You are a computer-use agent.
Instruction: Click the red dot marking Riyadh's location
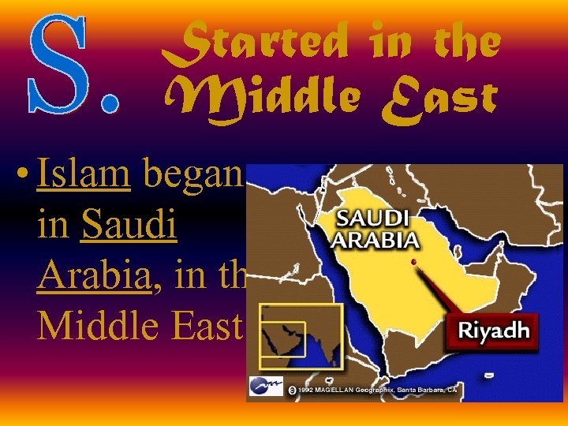(x=413, y=261)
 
